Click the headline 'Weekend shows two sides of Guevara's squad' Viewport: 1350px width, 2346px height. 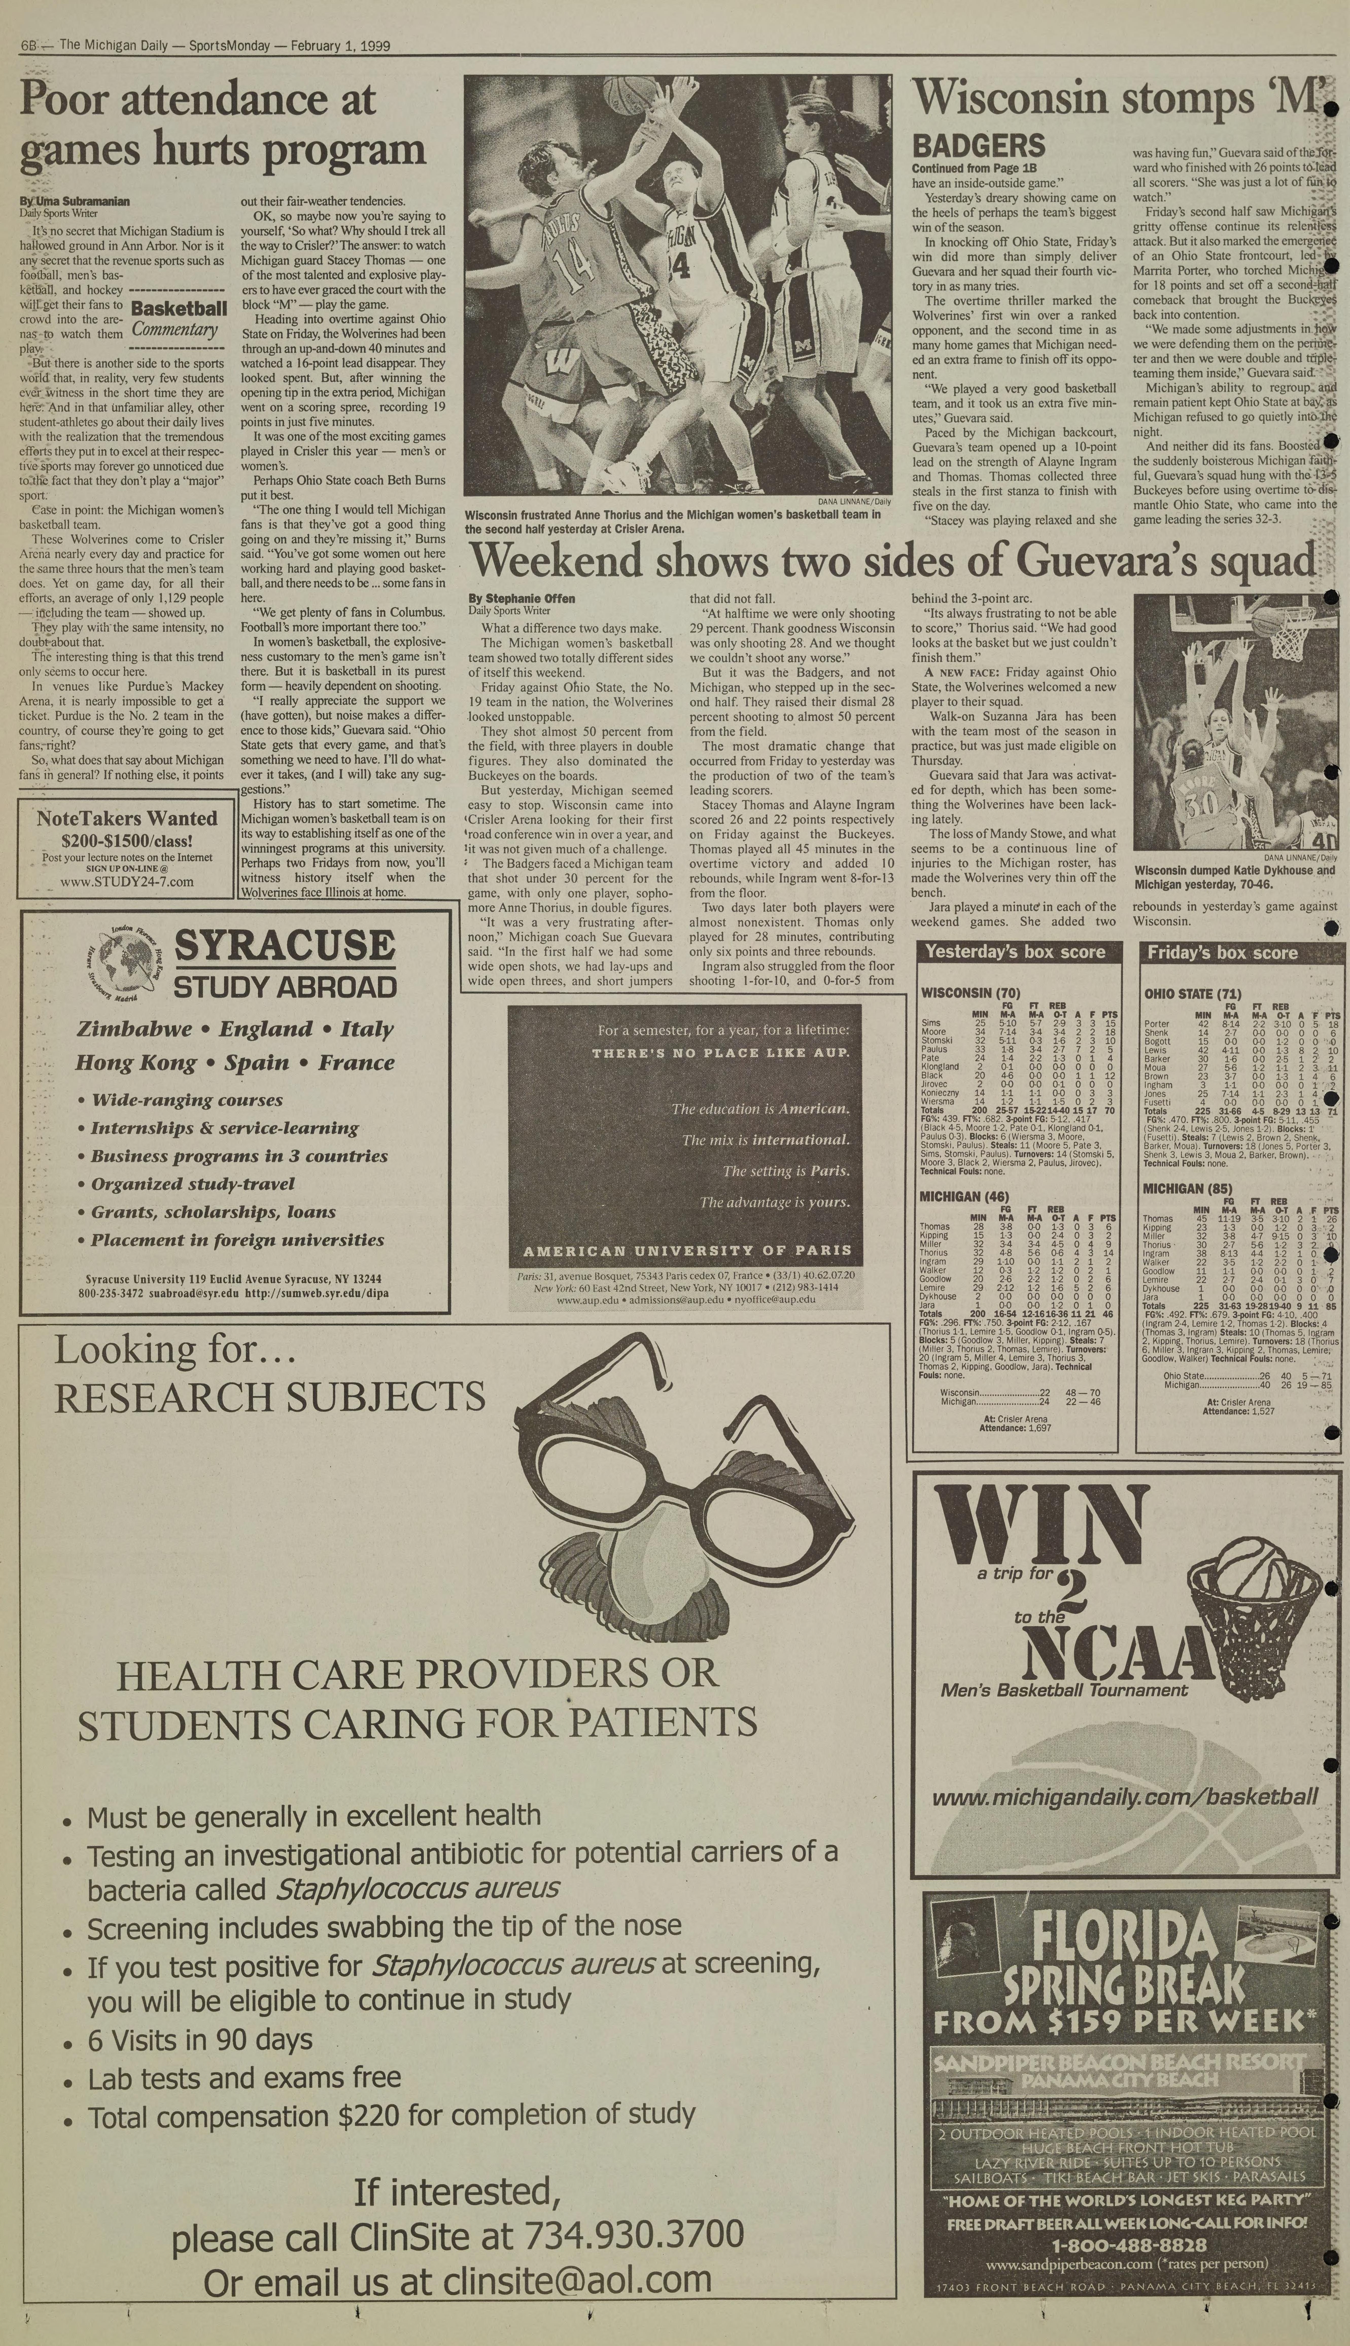892,560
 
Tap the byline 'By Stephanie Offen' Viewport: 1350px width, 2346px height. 521,598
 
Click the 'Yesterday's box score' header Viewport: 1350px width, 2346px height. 1015,952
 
